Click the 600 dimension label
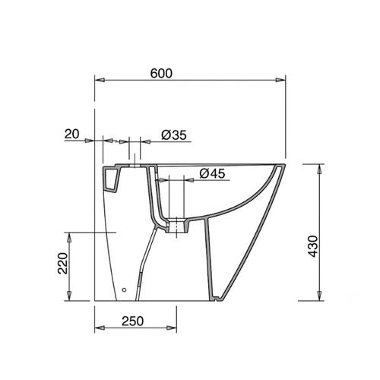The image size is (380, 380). point(161,74)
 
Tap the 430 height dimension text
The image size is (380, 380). point(313,246)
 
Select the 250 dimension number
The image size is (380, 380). point(132,321)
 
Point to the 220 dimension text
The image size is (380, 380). point(63,263)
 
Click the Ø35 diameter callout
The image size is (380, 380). point(174,135)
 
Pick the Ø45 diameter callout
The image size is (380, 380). point(212,173)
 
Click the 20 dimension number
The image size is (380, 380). point(71,134)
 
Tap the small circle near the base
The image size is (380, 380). point(124,290)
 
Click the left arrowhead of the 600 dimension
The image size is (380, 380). point(100,80)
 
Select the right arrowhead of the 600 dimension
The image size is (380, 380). point(280,80)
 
